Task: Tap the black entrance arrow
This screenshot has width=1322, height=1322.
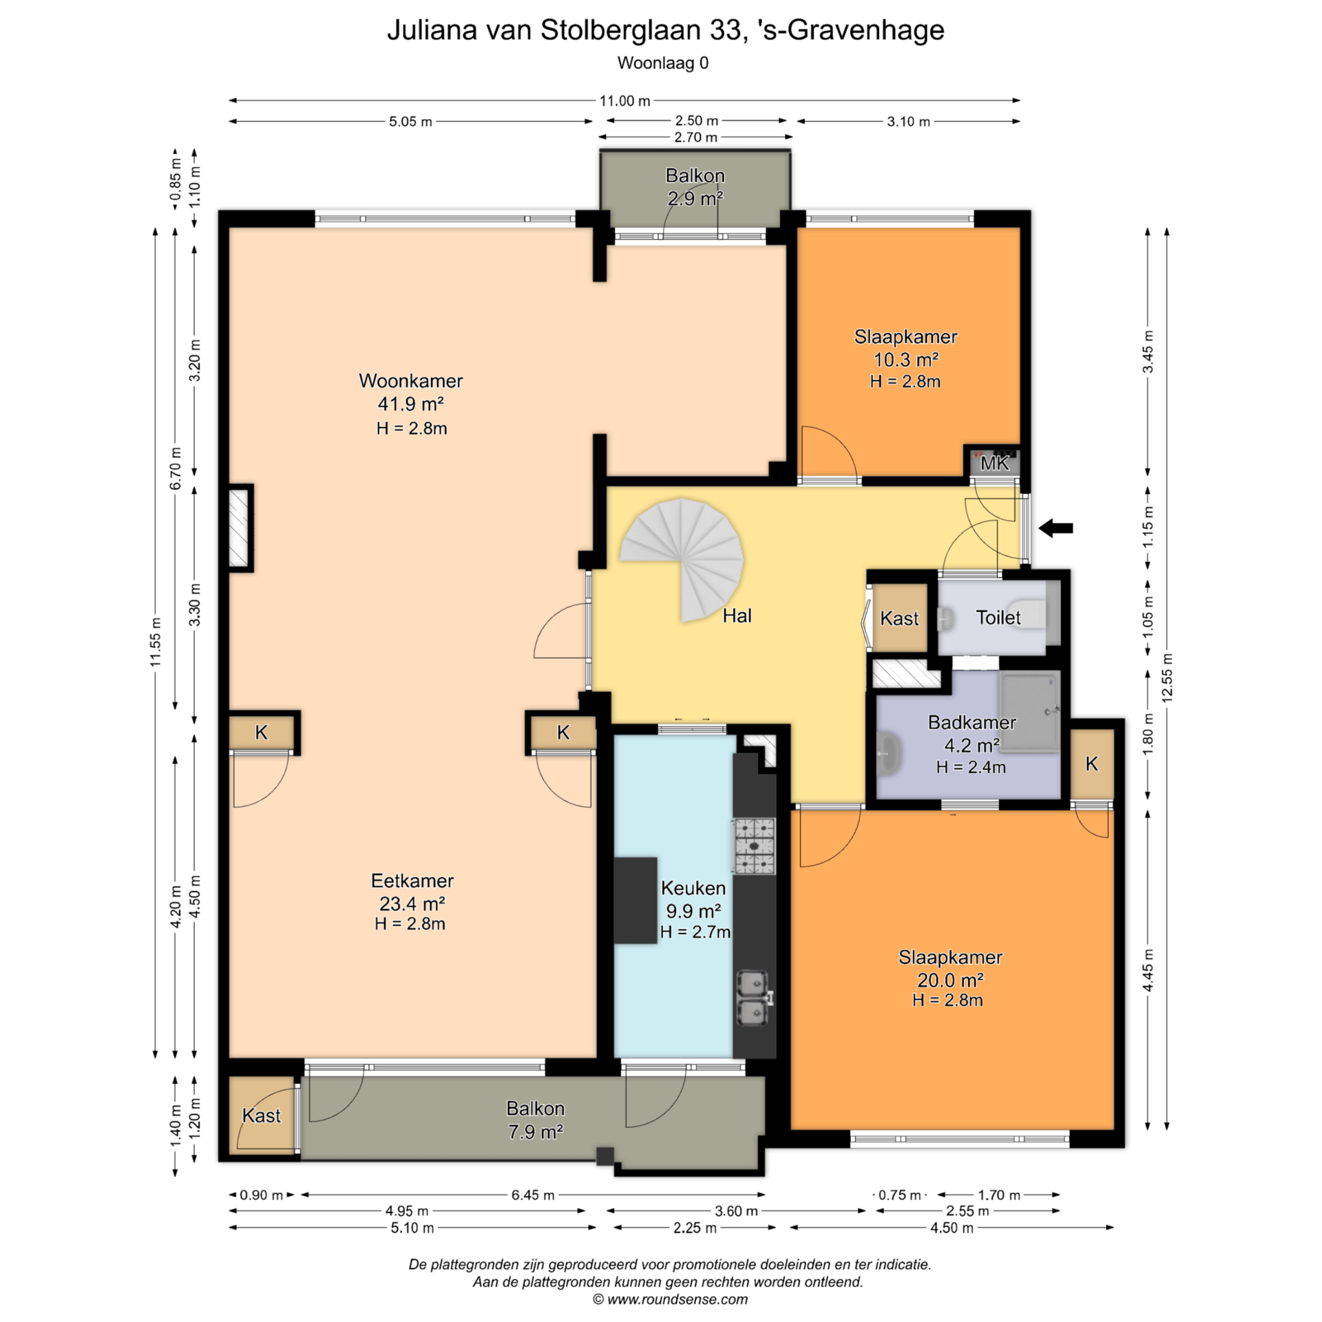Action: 1056,528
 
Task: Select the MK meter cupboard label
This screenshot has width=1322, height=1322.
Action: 994,463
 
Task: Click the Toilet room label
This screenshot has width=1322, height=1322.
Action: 998,617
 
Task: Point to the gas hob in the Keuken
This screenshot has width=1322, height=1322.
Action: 754,846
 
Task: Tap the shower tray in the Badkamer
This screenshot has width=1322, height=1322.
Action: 1029,711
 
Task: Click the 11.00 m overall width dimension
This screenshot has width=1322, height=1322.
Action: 625,101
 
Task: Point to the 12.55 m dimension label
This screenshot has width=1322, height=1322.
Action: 1166,678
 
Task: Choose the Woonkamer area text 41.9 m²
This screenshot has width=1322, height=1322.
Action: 410,404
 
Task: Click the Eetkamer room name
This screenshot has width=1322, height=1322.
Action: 412,881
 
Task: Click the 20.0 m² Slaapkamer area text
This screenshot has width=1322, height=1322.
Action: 950,980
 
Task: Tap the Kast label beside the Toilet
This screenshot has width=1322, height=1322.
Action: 899,618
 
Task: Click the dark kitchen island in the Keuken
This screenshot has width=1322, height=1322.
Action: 635,900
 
